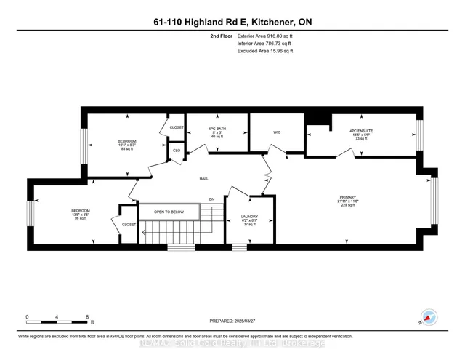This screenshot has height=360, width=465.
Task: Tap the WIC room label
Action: (277, 132)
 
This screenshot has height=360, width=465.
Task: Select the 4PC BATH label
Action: (217, 132)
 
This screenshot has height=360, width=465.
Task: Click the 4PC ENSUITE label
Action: (361, 132)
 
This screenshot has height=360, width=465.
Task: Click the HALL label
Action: (204, 178)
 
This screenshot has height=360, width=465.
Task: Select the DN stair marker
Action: (212, 199)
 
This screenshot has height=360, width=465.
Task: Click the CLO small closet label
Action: (175, 151)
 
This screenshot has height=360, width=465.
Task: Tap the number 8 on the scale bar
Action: (87, 317)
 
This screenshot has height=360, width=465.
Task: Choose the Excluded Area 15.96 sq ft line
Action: (265, 52)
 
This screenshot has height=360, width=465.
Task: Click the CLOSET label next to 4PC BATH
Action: (177, 127)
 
